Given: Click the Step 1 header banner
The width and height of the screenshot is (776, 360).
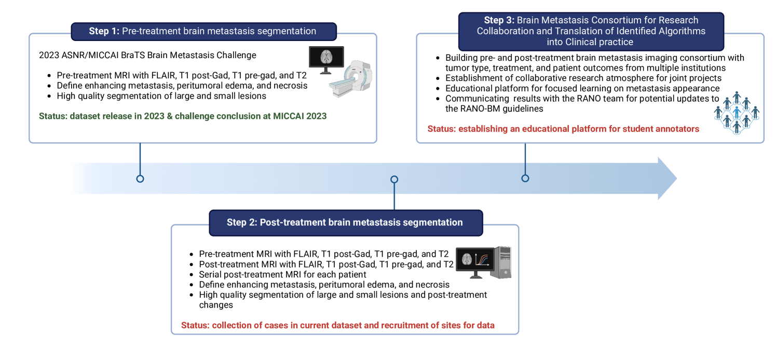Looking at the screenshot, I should coord(203,31).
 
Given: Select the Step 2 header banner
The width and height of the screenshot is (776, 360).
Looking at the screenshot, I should coord(345,223).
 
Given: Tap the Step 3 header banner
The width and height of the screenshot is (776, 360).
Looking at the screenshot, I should coord(591,31).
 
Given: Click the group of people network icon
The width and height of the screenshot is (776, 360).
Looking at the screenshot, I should coord(737,112).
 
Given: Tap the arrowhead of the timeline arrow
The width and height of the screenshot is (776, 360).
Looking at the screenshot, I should coord(667,178).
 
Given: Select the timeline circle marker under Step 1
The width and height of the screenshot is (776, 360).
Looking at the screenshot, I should coord(140,178).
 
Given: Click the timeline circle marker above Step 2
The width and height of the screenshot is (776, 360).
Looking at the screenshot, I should coord(394,179).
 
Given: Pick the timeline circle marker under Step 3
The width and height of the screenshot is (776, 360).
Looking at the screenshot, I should coord(525,178).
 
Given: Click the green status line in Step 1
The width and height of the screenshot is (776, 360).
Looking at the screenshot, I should coord(183,116).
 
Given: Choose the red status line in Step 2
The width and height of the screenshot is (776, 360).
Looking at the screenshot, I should coord(337,325).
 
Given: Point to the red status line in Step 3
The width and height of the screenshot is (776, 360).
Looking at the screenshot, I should coord(563,129).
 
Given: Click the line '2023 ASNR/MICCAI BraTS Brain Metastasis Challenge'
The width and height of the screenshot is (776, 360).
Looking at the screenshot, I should coord(147,55).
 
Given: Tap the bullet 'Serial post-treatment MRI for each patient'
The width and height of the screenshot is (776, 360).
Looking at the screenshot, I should coord(283,274).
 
